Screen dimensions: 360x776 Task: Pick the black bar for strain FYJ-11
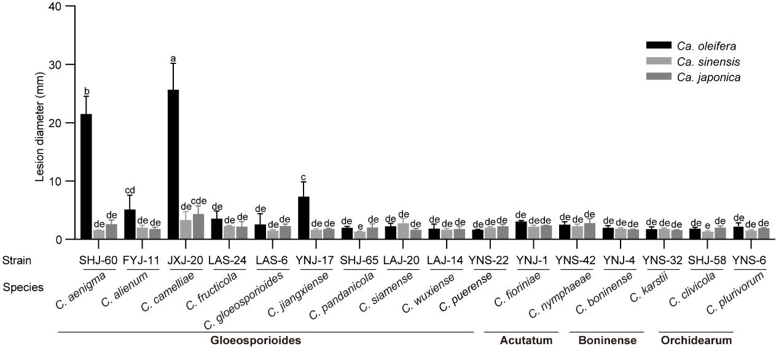130,224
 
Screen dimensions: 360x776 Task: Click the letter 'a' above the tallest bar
173,59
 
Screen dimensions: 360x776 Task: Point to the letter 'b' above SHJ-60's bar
87,92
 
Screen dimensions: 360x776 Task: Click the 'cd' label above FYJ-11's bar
130,190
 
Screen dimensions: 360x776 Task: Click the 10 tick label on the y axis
58,181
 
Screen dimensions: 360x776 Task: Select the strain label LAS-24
229,260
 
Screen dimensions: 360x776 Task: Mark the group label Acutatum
518,340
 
